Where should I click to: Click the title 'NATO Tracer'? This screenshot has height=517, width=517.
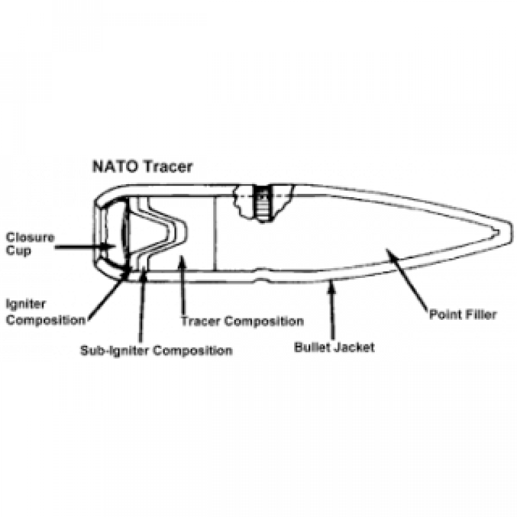click(142, 167)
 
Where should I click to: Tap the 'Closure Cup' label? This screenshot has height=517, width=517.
click(30, 244)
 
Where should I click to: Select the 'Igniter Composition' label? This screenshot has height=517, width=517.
click(45, 312)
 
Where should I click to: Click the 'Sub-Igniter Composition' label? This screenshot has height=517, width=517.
click(156, 350)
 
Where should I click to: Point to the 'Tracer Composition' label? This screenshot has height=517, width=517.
click(242, 321)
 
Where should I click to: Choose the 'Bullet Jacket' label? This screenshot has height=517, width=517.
click(334, 347)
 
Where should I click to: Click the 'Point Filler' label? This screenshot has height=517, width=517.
click(463, 315)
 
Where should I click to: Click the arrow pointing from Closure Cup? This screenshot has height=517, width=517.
click(85, 246)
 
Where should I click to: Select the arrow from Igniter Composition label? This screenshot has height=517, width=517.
click(109, 293)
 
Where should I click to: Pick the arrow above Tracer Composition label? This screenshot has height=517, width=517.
click(182, 286)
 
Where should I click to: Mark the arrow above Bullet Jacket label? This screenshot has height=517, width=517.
click(332, 310)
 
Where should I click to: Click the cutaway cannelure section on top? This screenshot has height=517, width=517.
click(263, 203)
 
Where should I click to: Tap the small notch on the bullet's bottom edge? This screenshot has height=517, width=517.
click(262, 281)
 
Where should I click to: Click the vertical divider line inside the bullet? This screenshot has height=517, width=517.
click(215, 233)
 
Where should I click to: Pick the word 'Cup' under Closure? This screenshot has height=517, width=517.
click(19, 250)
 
